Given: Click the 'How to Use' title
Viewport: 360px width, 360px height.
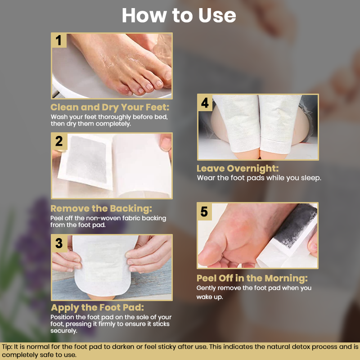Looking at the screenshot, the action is point(179,15).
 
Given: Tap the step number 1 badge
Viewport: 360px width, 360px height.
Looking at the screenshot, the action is point(59,40).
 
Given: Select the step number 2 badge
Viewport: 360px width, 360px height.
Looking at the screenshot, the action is point(59,141).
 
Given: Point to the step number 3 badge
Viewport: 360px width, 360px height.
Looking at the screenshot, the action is point(59,243).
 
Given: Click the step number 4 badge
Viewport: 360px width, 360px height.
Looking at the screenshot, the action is point(205,103).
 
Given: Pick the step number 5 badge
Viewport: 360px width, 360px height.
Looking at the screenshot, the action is point(204,212).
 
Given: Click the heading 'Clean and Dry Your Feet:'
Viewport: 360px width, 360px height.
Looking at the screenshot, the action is point(110,107).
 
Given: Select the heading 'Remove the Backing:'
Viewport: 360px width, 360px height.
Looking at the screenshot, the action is point(101,208).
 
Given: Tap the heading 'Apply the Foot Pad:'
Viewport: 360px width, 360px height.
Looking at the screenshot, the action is point(97,308).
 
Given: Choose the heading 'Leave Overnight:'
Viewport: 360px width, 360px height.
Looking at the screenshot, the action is point(238,168).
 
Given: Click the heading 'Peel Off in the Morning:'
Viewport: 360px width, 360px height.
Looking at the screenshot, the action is point(252,278).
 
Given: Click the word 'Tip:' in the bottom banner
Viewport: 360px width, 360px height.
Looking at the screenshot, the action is point(7,346).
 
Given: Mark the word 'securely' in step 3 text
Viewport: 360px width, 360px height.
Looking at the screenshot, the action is point(63,331).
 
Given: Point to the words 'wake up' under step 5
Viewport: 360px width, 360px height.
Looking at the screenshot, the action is point(210,297).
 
